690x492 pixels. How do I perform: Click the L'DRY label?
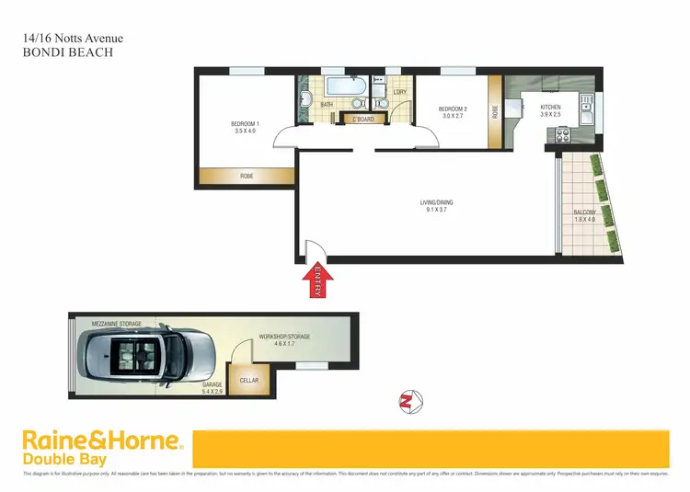click(x=399, y=92)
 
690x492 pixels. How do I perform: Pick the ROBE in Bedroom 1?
click(x=247, y=176)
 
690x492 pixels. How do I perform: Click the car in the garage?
click(x=147, y=354)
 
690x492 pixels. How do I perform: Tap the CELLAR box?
click(x=248, y=380)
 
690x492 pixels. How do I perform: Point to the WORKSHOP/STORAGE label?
click(x=285, y=338)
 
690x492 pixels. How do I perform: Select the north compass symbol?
click(x=407, y=401)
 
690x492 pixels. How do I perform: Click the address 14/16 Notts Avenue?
click(x=72, y=39)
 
